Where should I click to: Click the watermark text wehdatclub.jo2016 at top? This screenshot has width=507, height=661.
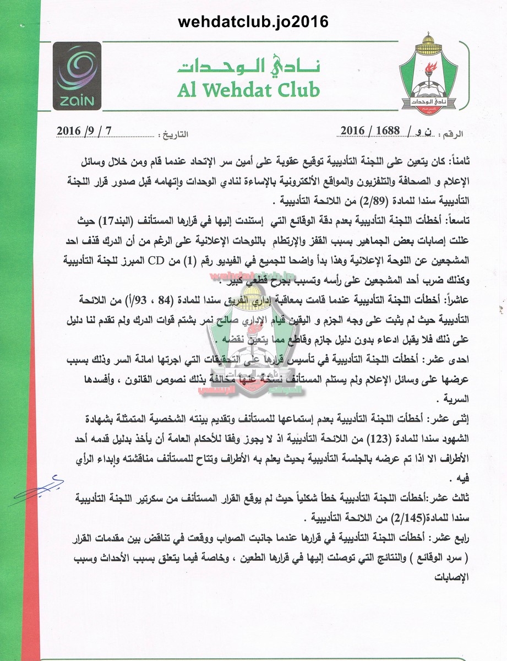(253, 21)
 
